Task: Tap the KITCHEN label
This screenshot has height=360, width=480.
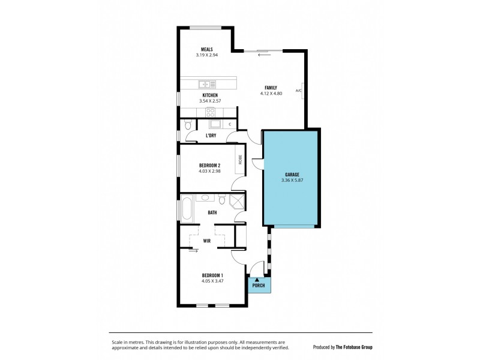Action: coord(209,95)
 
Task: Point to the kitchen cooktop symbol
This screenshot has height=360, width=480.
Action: coord(211,112)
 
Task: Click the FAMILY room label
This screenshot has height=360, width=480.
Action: coord(270,88)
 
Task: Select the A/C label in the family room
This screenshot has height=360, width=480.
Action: coord(298,91)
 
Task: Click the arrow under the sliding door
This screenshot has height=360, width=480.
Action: coord(264,56)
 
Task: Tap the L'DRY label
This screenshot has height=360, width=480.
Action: coord(211,136)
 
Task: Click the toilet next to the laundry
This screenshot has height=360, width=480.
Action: coord(188,125)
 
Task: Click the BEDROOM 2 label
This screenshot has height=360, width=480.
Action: coord(210,166)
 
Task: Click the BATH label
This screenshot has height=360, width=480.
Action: coord(212,212)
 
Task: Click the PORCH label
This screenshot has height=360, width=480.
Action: coord(259,285)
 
